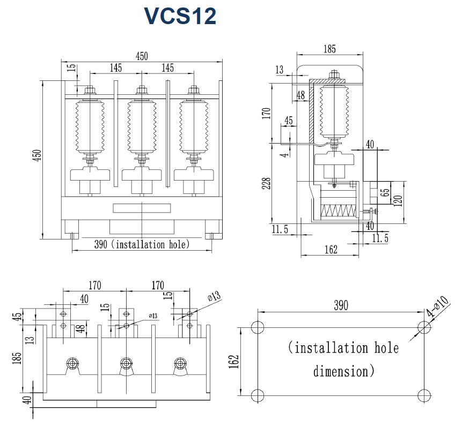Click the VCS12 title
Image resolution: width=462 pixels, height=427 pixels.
pyautogui.click(x=180, y=16)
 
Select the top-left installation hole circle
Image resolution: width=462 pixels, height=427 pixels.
pyautogui.click(x=258, y=328)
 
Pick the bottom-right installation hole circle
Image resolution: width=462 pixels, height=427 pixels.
pyautogui.click(x=424, y=396)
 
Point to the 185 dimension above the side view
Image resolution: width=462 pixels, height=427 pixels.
pyautogui.click(x=329, y=49)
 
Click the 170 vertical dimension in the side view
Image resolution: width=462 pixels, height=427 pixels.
pyautogui.click(x=267, y=113)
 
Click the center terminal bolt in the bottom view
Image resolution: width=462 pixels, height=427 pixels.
pyautogui.click(x=126, y=363)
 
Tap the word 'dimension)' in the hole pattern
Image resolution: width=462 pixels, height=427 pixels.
pyautogui.click(x=343, y=371)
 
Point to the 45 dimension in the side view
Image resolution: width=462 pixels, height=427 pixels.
pyautogui.click(x=289, y=121)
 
